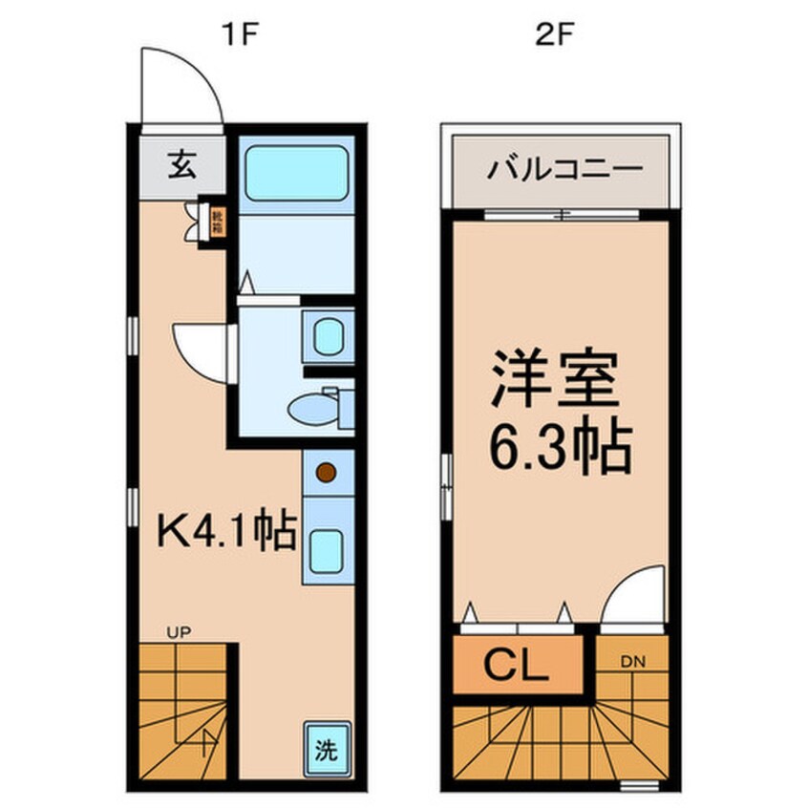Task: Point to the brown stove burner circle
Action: coord(327,472)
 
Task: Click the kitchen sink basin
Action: coord(328,547)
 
